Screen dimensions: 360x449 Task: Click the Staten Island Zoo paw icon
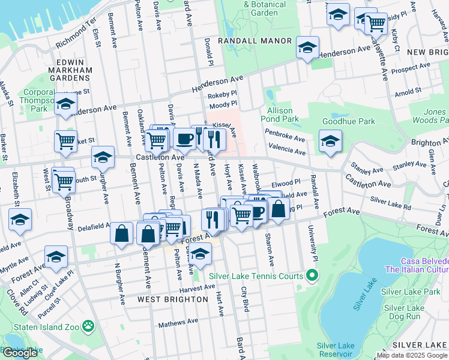pos(89,326)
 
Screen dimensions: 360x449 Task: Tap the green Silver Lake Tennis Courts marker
pos(312,277)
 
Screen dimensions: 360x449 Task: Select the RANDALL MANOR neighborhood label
pos(255,41)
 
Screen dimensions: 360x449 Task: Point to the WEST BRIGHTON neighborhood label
pos(167,299)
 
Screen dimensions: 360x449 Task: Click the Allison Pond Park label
pos(281,115)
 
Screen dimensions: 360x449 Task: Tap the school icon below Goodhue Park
pos(330,142)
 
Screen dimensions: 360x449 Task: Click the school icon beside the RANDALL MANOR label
pos(307,47)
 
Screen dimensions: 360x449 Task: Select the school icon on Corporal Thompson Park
pos(65,104)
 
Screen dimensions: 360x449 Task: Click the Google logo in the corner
pos(20,353)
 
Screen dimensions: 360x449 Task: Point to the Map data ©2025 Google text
pos(411,355)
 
